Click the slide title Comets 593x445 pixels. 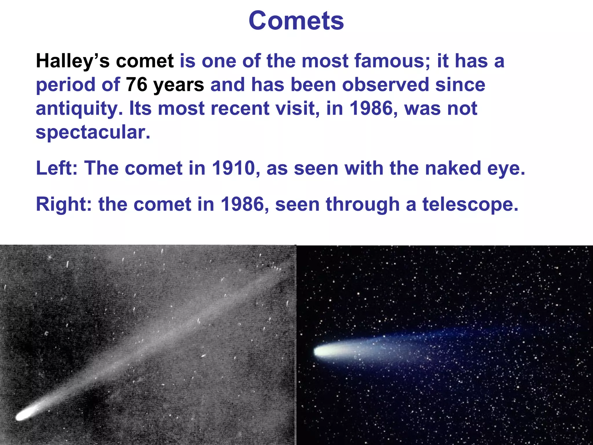click(x=296, y=21)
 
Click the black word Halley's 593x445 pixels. click(x=73, y=61)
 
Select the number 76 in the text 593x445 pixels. click(x=136, y=85)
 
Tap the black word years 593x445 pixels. click(x=179, y=85)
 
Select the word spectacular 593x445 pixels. click(x=93, y=132)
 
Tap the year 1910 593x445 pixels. click(x=233, y=168)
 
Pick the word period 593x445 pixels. click(x=65, y=85)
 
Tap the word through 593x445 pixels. click(x=363, y=205)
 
